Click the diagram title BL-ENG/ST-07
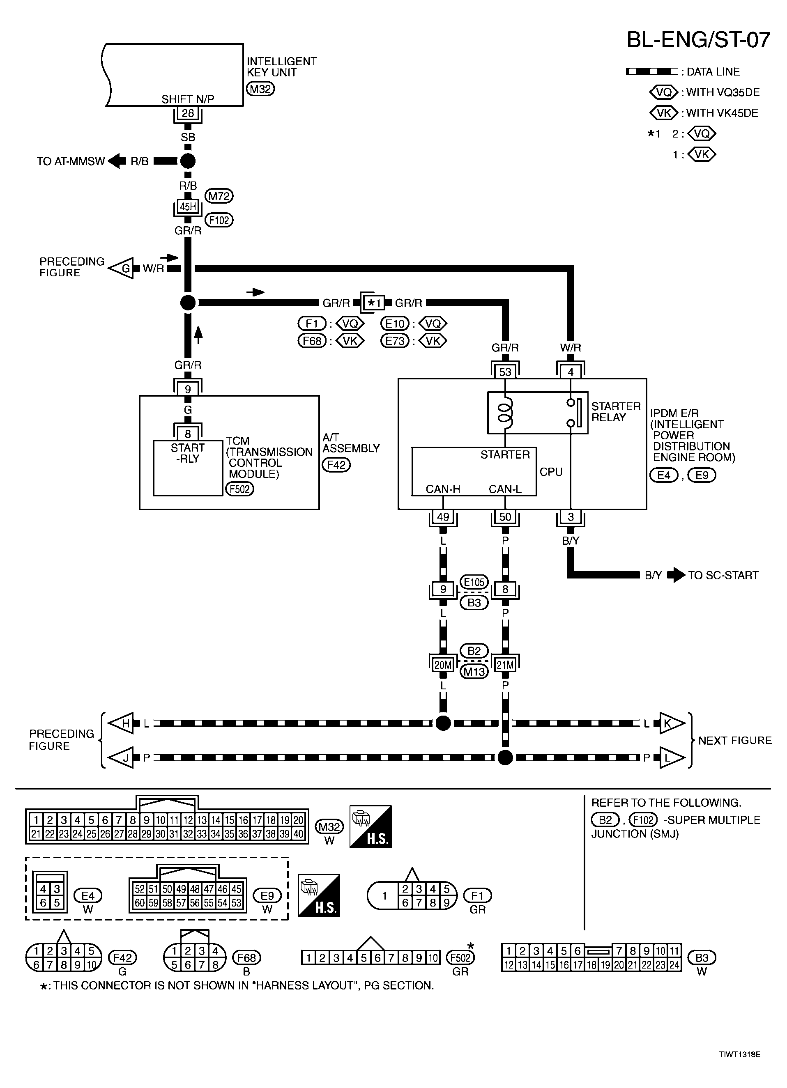pyautogui.click(x=698, y=40)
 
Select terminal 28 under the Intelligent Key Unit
pyautogui.click(x=188, y=113)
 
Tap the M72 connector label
pyautogui.click(x=219, y=196)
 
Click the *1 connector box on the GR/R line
pyautogui.click(x=374, y=303)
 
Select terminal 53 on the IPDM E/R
pyautogui.click(x=505, y=372)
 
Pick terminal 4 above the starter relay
pyautogui.click(x=571, y=372)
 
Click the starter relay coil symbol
pyautogui.click(x=505, y=413)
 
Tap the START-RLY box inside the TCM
pyautogui.click(x=188, y=468)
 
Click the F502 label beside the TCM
pyautogui.click(x=239, y=489)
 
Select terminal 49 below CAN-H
pyautogui.click(x=443, y=516)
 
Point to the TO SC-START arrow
pyautogui.click(x=676, y=575)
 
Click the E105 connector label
pyautogui.click(x=474, y=582)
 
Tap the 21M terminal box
pyautogui.click(x=505, y=665)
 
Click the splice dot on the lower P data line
pyautogui.click(x=505, y=758)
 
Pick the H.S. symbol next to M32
pyautogui.click(x=370, y=826)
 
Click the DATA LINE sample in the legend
pyautogui.click(x=652, y=71)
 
